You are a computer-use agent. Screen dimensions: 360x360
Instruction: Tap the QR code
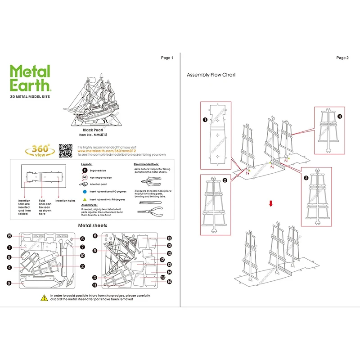[66, 151]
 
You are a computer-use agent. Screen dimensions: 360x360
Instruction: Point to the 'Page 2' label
[342, 58]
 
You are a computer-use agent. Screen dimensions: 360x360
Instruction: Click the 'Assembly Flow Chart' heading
[211, 75]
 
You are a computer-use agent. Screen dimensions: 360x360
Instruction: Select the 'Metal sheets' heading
[93, 225]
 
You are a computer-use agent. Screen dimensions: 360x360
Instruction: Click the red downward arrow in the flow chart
[270, 203]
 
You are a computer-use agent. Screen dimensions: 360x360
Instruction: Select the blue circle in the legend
[84, 191]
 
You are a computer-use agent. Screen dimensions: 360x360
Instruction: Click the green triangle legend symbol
[84, 199]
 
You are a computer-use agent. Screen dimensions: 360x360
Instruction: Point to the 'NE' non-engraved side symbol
[84, 177]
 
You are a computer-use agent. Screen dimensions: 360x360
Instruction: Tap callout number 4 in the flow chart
[340, 116]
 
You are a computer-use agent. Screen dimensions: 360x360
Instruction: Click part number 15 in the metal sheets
[9, 236]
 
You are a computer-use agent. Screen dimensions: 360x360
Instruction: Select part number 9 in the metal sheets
[9, 283]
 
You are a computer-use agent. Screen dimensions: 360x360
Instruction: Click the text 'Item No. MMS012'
[93, 135]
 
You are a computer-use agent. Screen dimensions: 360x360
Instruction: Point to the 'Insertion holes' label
[64, 200]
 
